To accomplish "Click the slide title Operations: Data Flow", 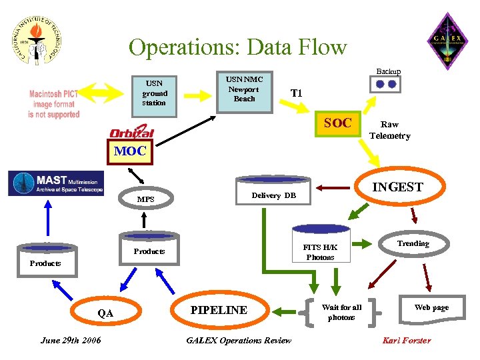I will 237,47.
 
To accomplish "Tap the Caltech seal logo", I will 37,38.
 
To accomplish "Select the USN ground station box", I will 154,94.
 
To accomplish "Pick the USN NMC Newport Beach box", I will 244,89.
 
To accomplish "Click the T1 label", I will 296,93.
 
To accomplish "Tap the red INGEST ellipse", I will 397,187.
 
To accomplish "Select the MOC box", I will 129,151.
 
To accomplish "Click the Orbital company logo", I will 131,133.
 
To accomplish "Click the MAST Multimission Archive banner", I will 56,183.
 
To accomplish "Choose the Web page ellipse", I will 431,307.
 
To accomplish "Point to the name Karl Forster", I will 406,341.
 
